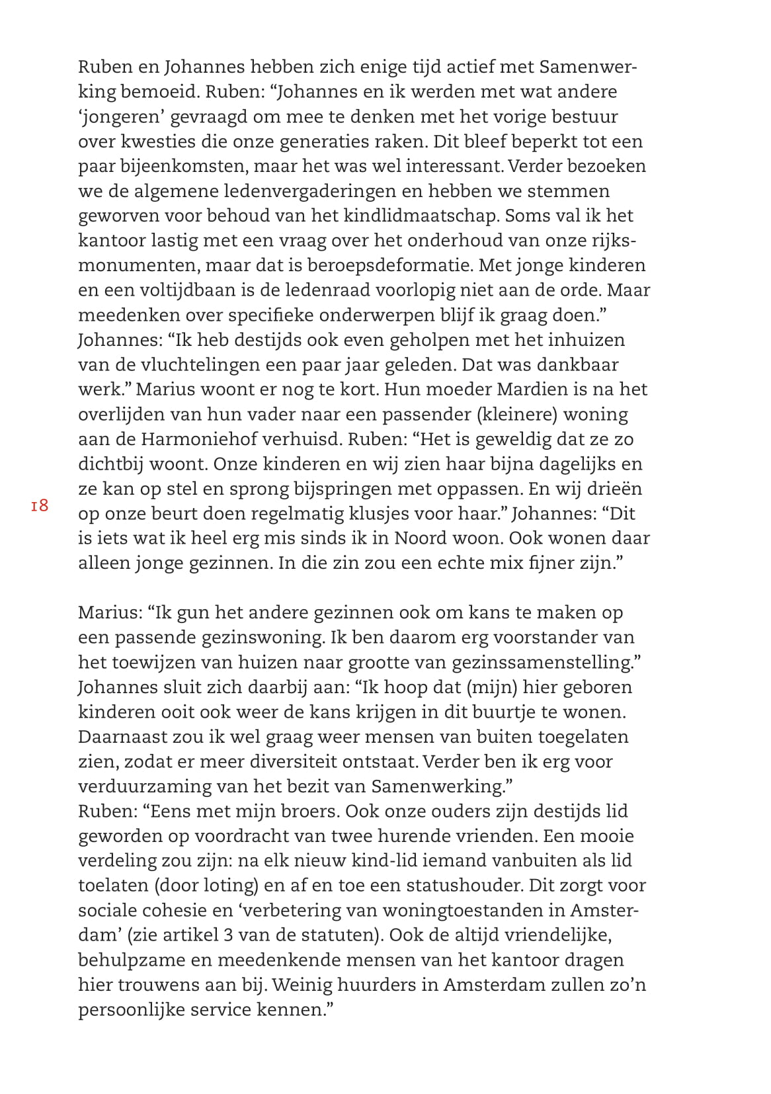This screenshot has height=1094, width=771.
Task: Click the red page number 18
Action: click(x=40, y=506)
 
